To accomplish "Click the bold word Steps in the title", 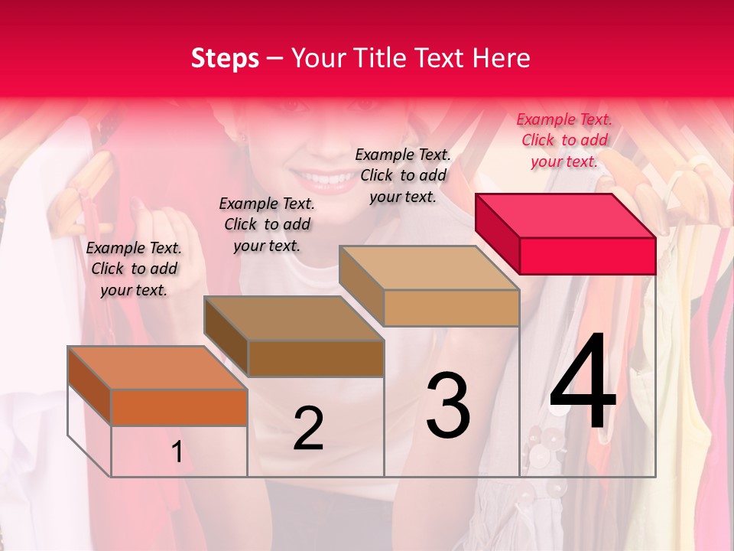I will tap(225, 58).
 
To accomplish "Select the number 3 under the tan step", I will tap(447, 406).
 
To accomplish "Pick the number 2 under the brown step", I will tap(308, 429).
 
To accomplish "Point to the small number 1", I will tap(177, 452).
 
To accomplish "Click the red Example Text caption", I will tap(564, 140).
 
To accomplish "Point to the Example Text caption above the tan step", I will tap(403, 175).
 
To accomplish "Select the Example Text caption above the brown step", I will tap(267, 224).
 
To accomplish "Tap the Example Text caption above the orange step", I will tap(134, 269).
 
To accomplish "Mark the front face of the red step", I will tap(587, 256).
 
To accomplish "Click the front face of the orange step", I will tap(179, 407).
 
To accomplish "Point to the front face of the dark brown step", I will tap(316, 358).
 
